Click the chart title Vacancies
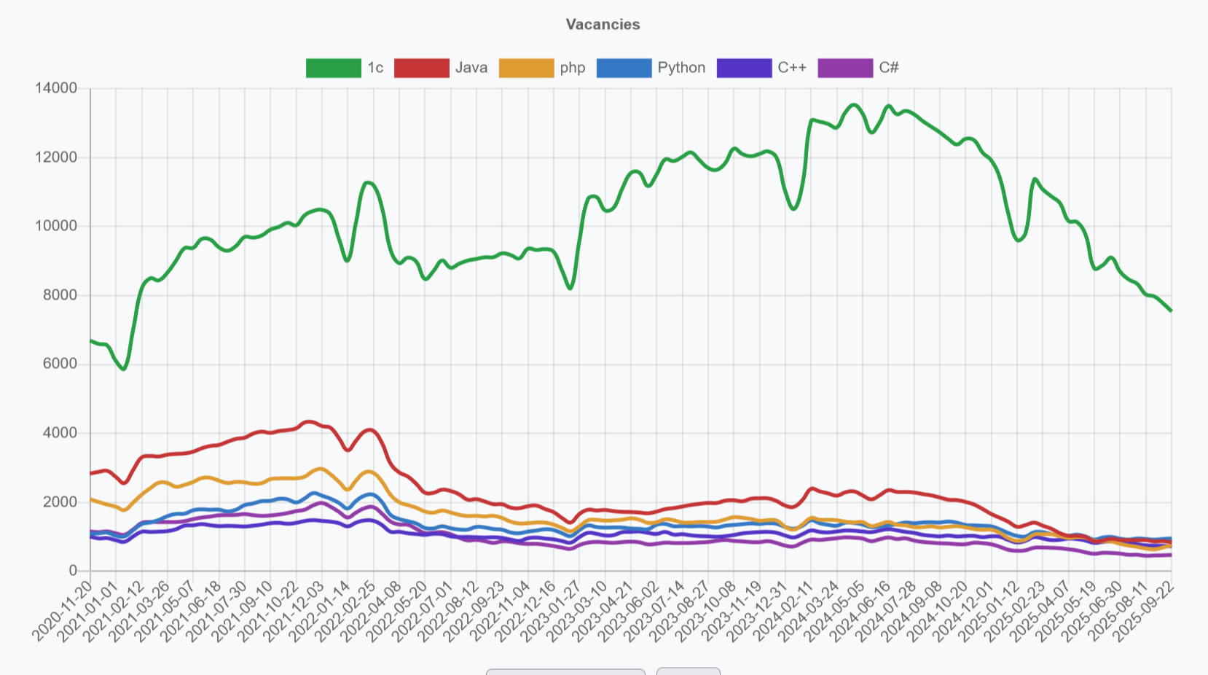coord(603,24)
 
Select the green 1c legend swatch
coord(333,68)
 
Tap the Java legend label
coord(471,68)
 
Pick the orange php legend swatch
coord(526,68)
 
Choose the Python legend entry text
coord(681,68)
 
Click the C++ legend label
coord(792,68)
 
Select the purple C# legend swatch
coord(845,68)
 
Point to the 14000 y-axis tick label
coord(56,88)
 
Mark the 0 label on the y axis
coord(73,571)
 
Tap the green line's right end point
coord(1171,311)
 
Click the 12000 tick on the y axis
coord(56,157)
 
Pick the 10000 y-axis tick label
coord(56,226)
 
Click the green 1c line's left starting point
coord(90,340)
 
